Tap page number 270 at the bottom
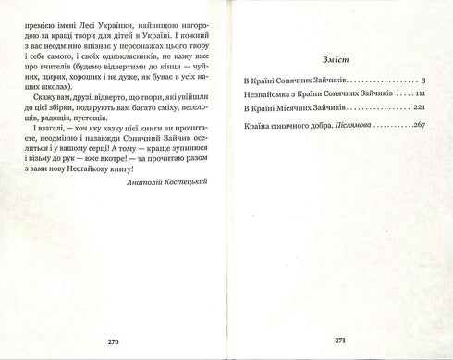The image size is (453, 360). (x=115, y=341)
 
